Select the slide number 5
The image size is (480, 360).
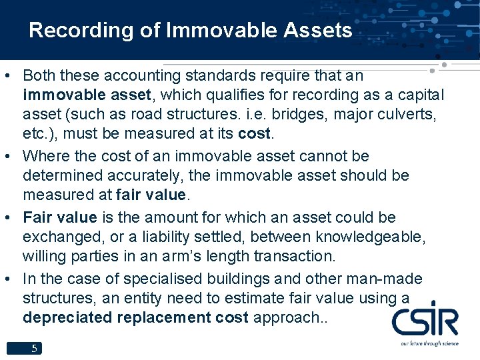pos(34,348)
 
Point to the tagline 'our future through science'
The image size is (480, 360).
pos(430,343)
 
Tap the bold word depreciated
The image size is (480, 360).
pos(67,318)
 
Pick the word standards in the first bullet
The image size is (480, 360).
pos(195,75)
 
